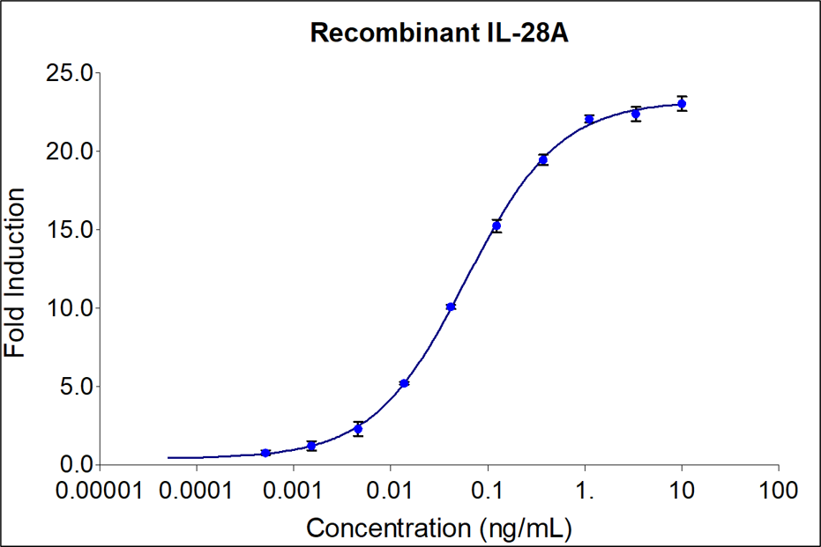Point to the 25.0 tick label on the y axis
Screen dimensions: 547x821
click(70, 73)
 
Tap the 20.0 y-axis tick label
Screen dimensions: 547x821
click(70, 152)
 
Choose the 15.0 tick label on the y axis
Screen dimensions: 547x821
click(70, 230)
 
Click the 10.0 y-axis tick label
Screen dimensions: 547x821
click(70, 308)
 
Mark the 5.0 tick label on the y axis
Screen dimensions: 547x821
click(75, 387)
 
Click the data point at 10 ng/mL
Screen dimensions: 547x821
click(682, 104)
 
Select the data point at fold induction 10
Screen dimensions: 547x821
click(451, 307)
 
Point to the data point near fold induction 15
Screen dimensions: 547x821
click(496, 226)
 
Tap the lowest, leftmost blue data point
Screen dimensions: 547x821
click(265, 453)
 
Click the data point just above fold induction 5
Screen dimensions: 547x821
click(404, 383)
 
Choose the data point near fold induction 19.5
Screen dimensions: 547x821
click(543, 159)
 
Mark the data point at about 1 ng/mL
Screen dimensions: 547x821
click(589, 119)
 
